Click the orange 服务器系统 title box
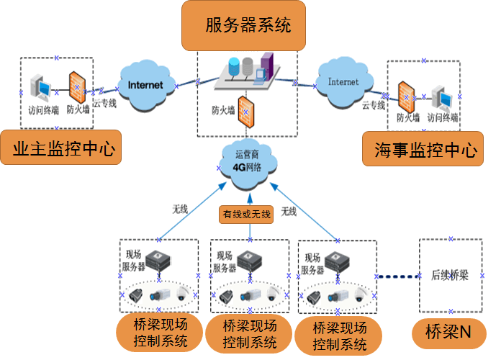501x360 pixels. pos(248,26)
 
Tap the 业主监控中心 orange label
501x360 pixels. pos(60,149)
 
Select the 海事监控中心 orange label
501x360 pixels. pos(426,150)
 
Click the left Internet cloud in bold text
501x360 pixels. pos(145,86)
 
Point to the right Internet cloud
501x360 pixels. pos(343,82)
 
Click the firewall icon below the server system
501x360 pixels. pos(247,109)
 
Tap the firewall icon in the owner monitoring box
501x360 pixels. pos(78,87)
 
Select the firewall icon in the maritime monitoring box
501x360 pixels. pos(405,96)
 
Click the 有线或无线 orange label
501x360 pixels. pos(247,214)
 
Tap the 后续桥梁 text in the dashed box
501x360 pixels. pos(449,274)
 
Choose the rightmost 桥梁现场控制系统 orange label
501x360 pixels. pos(340,336)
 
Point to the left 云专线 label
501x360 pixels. pos(104,103)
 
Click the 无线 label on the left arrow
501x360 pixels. pos(179,210)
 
